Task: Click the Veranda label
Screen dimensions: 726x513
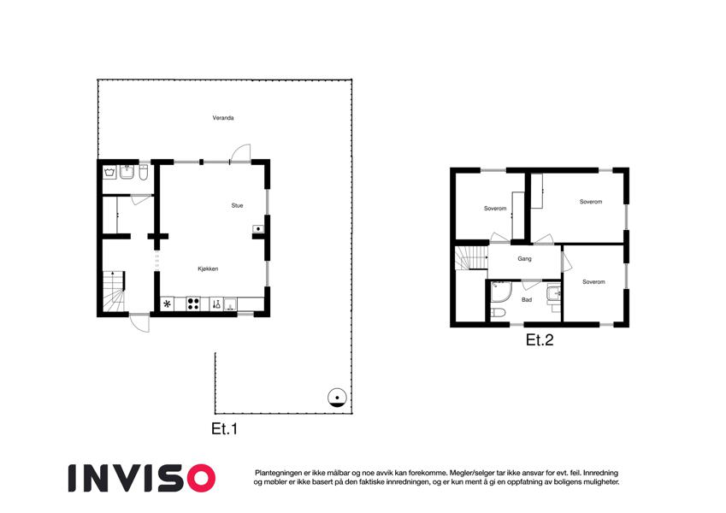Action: (x=223, y=118)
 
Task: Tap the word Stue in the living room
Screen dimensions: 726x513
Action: (x=237, y=205)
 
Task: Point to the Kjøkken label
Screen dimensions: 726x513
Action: (x=208, y=269)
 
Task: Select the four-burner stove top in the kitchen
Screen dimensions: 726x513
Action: (x=193, y=304)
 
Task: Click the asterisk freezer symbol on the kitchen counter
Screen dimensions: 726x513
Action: (x=167, y=304)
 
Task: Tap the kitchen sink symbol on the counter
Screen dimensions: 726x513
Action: (x=216, y=304)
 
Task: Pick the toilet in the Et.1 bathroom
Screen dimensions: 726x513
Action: (x=144, y=173)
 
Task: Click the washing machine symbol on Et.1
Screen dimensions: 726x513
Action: (x=109, y=172)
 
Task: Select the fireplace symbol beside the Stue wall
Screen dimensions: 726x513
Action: (x=258, y=229)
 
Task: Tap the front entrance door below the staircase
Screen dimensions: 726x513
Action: (x=140, y=322)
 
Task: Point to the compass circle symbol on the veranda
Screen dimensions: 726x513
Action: (x=337, y=398)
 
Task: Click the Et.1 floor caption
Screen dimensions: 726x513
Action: (x=225, y=428)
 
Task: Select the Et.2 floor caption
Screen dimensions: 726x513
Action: (x=540, y=339)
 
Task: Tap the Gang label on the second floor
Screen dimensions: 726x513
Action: (x=524, y=259)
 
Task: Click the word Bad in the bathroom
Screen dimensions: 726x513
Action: (x=527, y=300)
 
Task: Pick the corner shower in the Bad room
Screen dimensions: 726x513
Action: (x=501, y=292)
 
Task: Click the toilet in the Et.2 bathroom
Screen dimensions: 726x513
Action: (x=498, y=314)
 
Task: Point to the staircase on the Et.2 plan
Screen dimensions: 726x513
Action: (x=471, y=258)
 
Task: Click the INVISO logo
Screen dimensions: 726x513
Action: (x=142, y=478)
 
